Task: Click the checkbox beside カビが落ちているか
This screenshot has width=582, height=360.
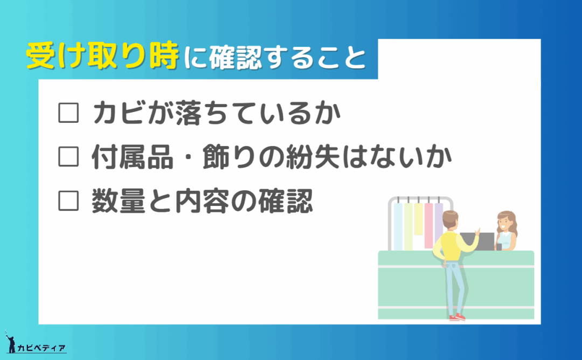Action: pyautogui.click(x=68, y=113)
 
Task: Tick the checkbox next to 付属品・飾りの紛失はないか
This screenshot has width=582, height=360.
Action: pyautogui.click(x=68, y=157)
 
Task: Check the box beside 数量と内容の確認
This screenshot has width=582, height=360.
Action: pyautogui.click(x=68, y=201)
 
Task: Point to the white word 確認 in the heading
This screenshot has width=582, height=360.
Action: pyautogui.click(x=235, y=58)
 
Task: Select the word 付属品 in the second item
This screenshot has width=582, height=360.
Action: pyautogui.click(x=133, y=157)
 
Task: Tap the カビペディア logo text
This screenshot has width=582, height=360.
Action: pyautogui.click(x=41, y=348)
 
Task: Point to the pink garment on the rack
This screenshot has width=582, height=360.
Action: pyautogui.click(x=429, y=225)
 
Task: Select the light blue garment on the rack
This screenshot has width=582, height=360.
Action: pyautogui.click(x=398, y=226)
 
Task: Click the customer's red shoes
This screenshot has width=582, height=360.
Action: pyautogui.click(x=458, y=317)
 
